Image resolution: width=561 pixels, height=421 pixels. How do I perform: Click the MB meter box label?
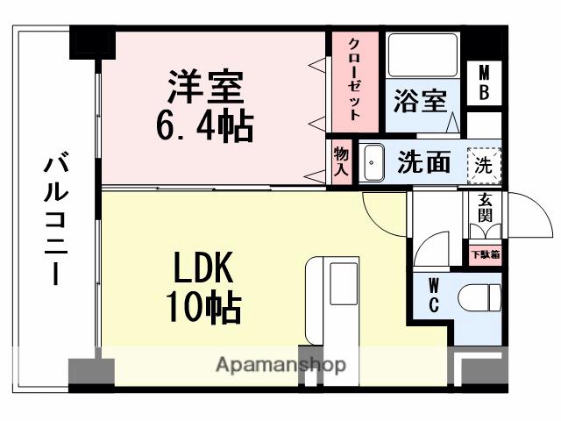(484, 82)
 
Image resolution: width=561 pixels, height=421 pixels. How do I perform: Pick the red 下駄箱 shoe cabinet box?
(485, 254)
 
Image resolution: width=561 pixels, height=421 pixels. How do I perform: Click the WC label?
(434, 296)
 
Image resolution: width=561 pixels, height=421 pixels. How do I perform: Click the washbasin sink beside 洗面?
(373, 163)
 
